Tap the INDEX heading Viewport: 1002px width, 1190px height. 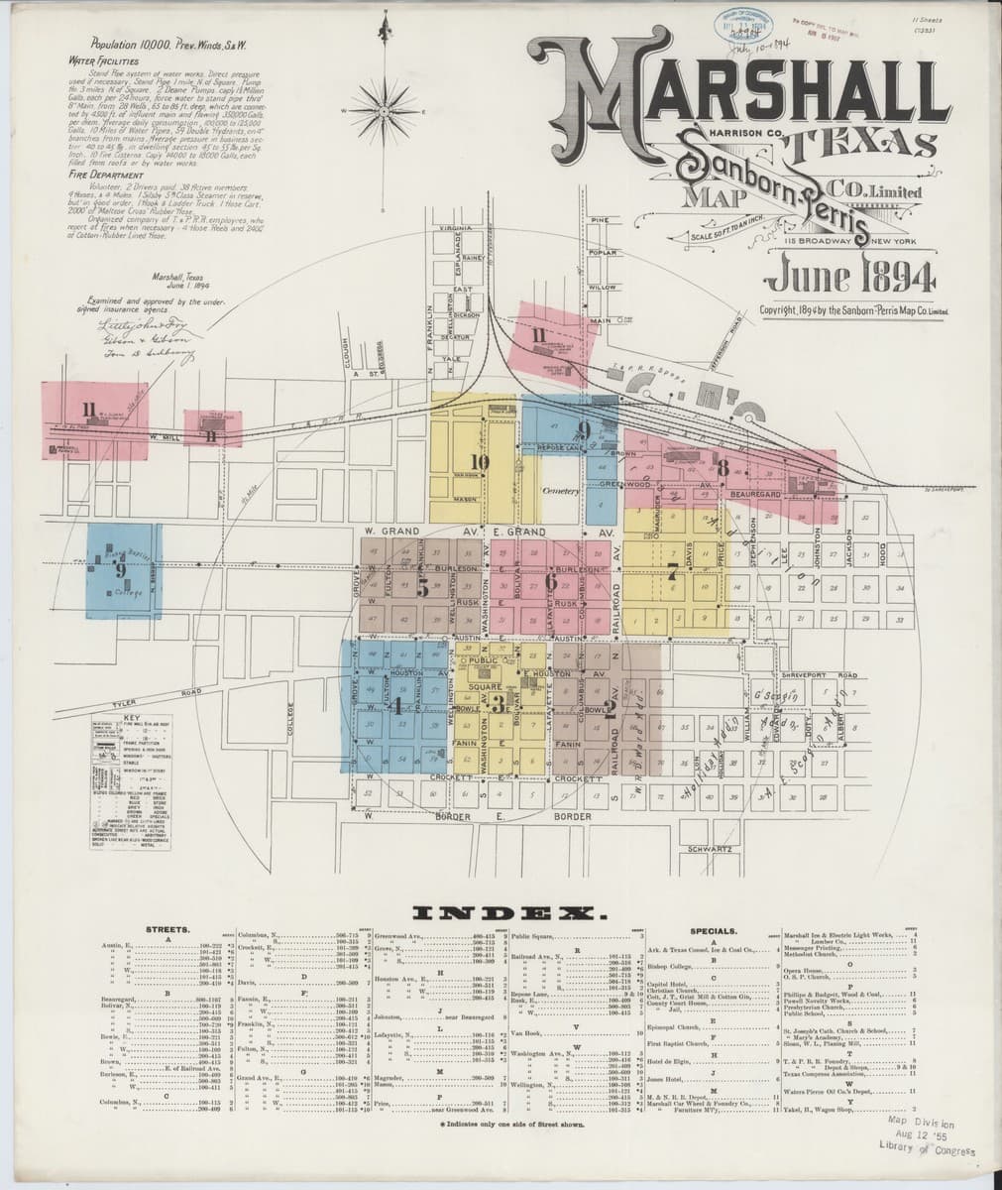click(501, 912)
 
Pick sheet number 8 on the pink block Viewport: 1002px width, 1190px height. click(724, 468)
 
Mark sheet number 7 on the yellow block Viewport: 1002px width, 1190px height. click(672, 572)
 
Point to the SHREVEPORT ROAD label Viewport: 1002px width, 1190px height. click(834, 675)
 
